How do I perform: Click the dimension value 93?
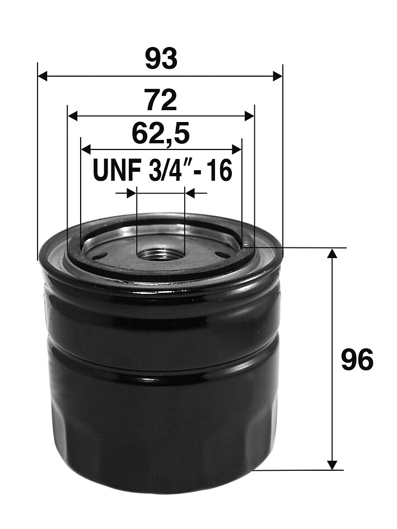[x=161, y=58]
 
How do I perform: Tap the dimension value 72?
[x=161, y=100]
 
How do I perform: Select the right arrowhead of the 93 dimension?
[x=277, y=76]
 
